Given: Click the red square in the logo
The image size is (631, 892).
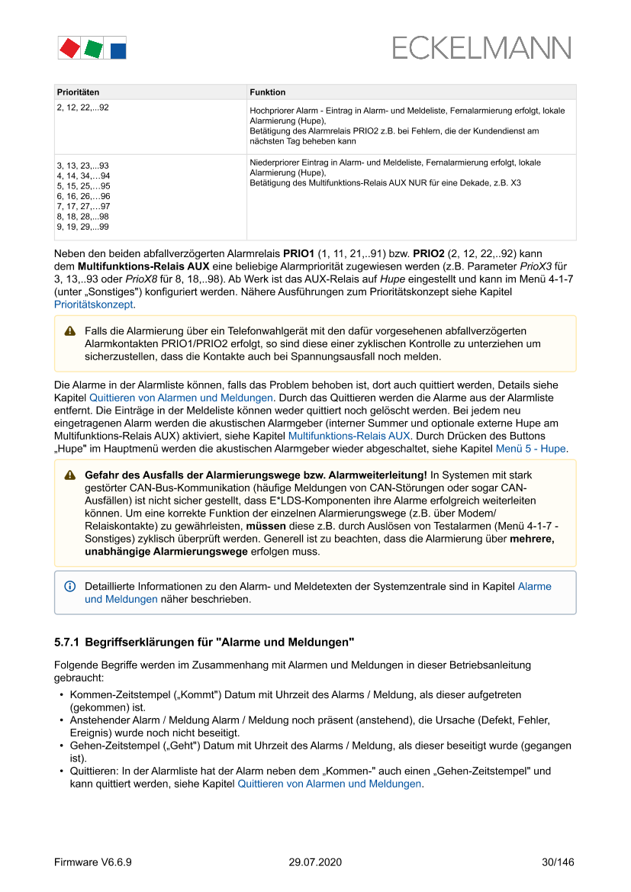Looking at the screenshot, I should [x=69, y=48].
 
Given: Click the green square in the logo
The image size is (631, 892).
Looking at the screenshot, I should [x=94, y=50].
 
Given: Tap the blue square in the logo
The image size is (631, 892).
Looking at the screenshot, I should [x=118, y=51].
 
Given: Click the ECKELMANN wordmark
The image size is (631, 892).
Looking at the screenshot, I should [x=481, y=49].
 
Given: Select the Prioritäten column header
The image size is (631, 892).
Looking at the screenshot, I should [x=78, y=92].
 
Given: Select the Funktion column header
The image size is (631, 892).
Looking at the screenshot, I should [x=268, y=92].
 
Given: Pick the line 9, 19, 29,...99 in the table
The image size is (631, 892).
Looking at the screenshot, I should [x=82, y=227].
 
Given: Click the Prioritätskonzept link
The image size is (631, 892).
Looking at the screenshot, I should [x=95, y=304].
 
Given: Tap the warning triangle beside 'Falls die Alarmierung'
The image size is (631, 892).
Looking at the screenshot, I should [x=70, y=331].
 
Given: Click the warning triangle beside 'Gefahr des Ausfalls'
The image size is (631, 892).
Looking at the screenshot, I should [x=70, y=475].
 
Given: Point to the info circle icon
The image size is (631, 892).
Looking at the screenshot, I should [x=70, y=586].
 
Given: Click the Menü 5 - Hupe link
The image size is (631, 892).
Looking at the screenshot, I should [x=531, y=449].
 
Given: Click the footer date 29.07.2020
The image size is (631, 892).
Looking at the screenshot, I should [x=315, y=862].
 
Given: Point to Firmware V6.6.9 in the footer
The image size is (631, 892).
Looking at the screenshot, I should [x=93, y=862].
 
